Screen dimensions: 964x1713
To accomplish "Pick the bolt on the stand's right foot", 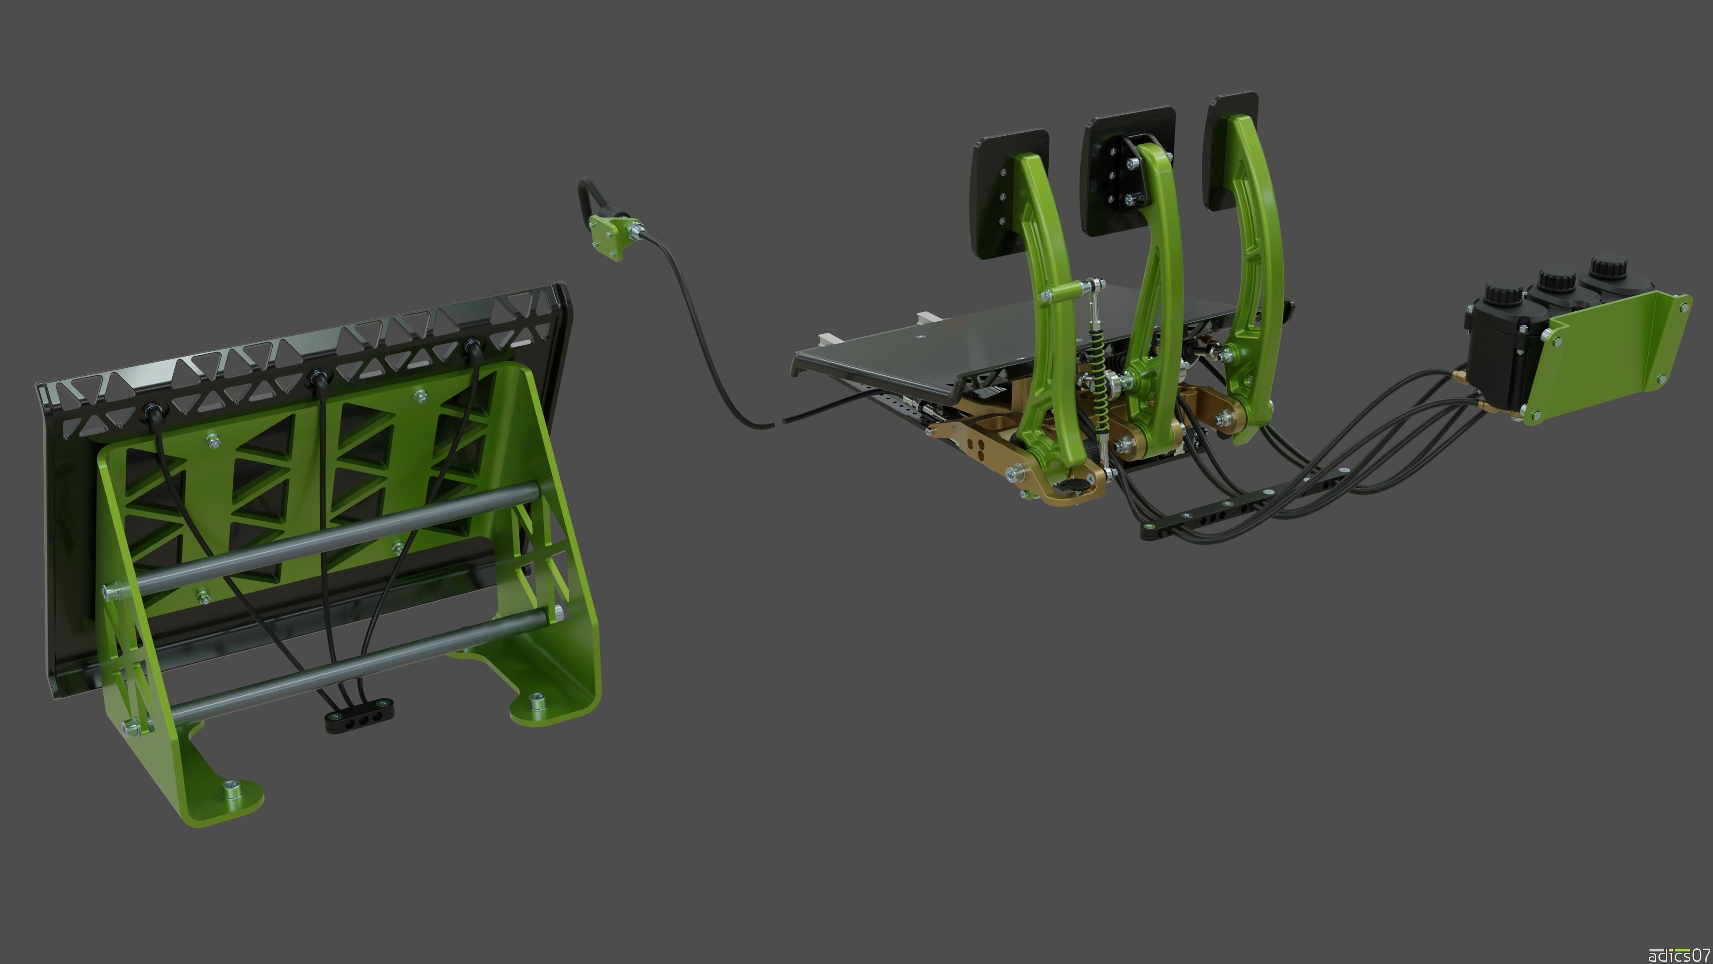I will coord(536,700).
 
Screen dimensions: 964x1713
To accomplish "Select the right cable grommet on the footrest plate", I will coord(473,347).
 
